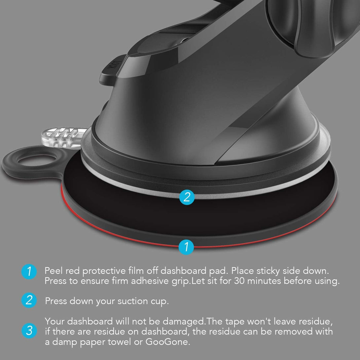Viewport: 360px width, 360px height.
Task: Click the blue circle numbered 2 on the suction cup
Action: coord(187,197)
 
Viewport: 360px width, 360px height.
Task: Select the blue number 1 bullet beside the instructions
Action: coord(29,271)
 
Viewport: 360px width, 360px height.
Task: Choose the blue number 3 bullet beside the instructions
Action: coord(29,331)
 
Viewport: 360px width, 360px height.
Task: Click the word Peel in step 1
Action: coord(54,271)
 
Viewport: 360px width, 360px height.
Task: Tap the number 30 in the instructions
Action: coord(241,281)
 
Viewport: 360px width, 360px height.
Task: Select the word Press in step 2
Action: coord(55,301)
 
